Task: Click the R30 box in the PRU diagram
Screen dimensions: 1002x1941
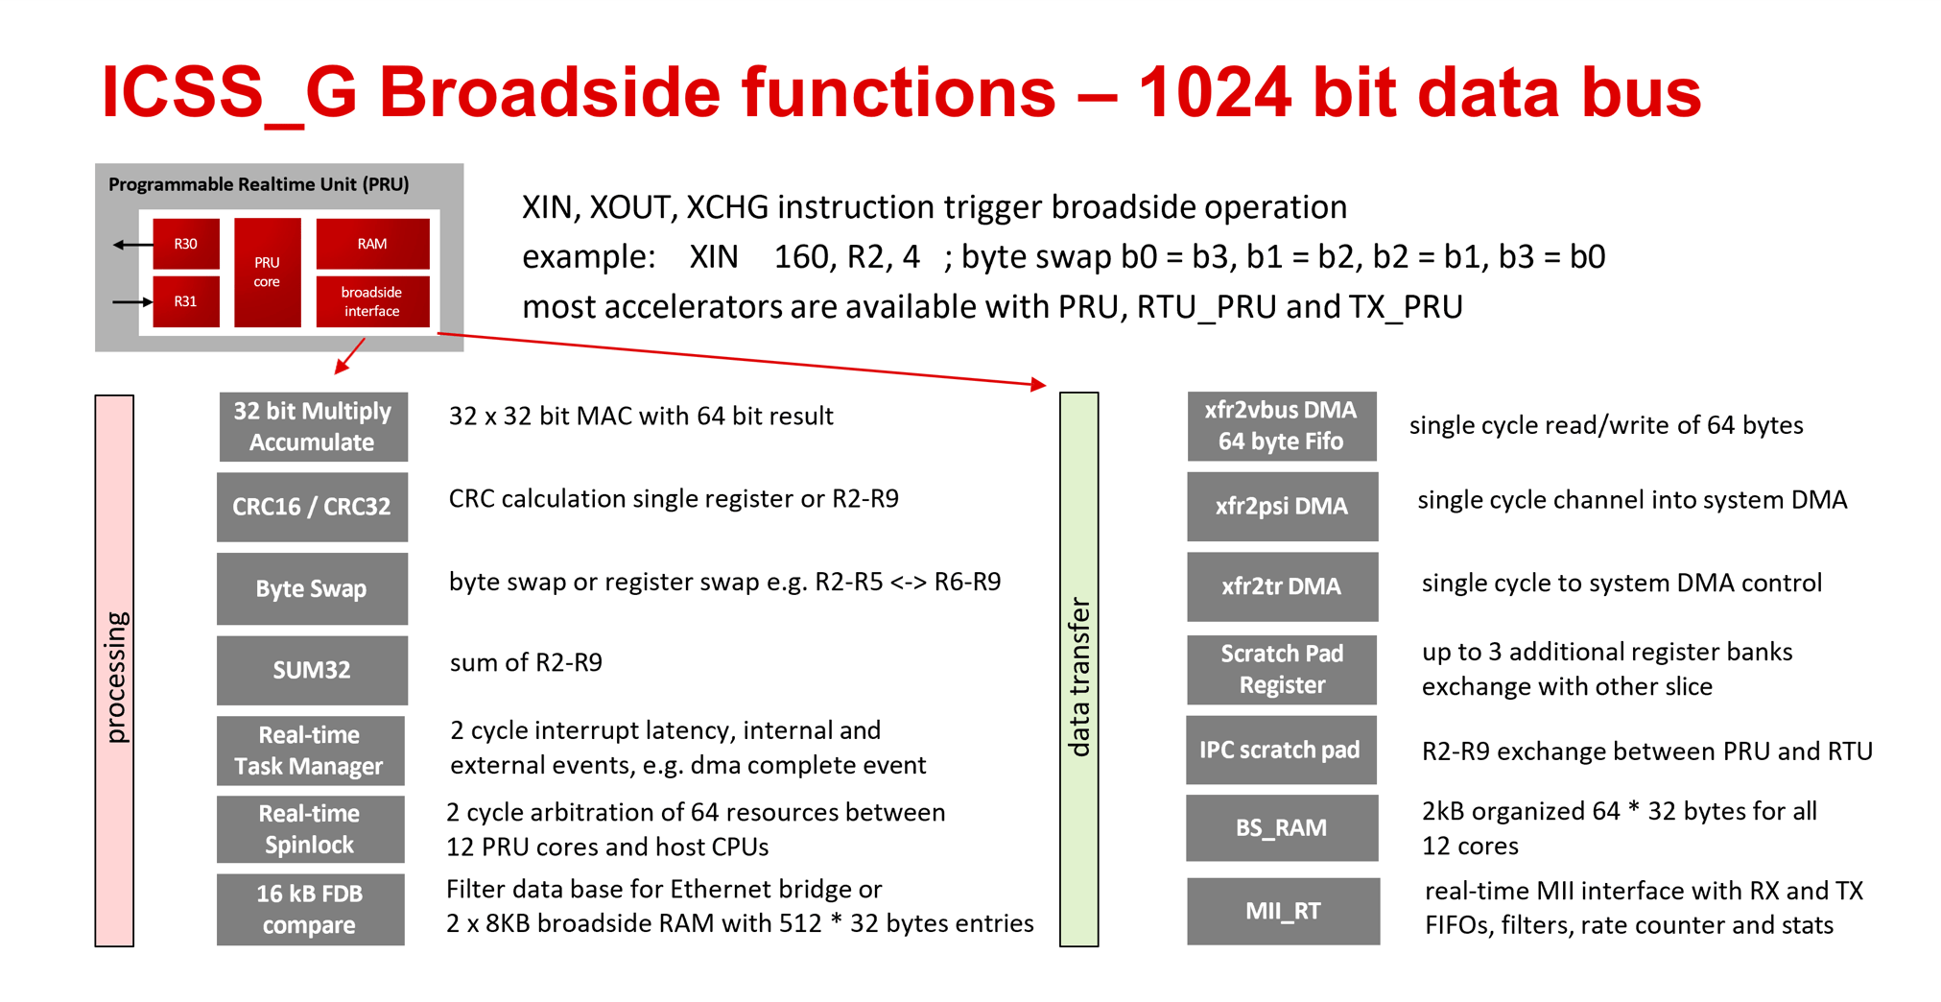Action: tap(186, 244)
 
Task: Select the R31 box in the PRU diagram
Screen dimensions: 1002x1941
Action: tap(186, 301)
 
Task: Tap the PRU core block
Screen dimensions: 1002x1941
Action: tap(267, 273)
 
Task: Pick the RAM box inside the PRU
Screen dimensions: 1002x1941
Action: tap(372, 244)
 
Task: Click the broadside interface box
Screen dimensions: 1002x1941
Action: tap(372, 301)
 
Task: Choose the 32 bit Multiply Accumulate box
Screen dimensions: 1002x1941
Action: tap(313, 426)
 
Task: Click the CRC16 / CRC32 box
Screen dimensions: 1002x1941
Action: tap(313, 507)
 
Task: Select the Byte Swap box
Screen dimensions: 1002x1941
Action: tap(313, 588)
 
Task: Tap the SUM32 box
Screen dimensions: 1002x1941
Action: tap(313, 670)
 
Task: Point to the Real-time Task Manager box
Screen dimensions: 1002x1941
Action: tap(310, 751)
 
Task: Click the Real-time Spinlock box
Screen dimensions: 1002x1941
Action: tap(310, 829)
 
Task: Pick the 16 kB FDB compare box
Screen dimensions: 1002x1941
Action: tap(310, 909)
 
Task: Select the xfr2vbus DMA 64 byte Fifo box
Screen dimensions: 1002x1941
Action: tap(1282, 426)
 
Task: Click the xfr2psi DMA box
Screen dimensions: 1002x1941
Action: tap(1282, 506)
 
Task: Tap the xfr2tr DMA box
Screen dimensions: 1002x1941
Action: tap(1282, 586)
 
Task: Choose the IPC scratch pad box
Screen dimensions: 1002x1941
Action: tap(1281, 750)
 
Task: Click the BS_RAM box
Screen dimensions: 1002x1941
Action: tap(1282, 827)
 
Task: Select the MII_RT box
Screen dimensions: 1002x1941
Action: tap(1283, 911)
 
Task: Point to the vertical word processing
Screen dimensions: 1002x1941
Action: tap(115, 678)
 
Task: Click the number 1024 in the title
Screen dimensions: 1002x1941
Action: tap(1214, 93)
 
